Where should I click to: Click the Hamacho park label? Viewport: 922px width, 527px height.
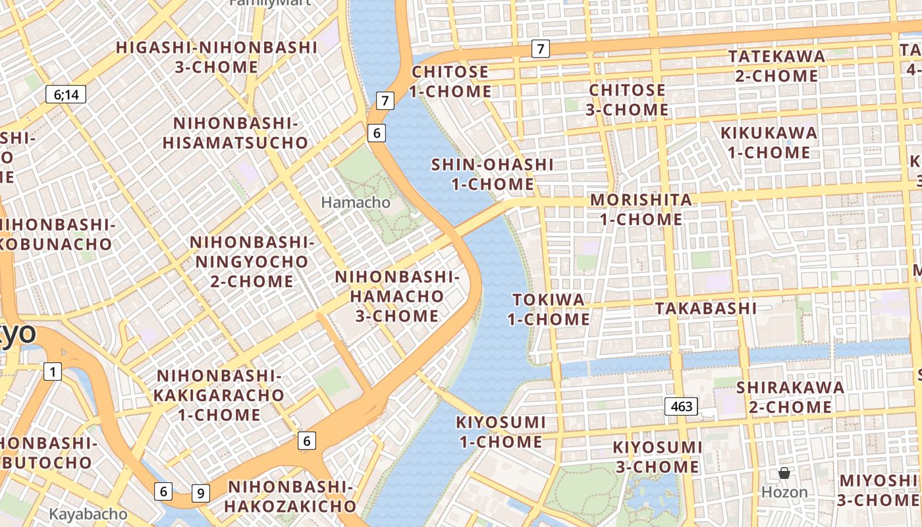click(x=356, y=202)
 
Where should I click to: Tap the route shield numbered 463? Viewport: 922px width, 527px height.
click(x=681, y=406)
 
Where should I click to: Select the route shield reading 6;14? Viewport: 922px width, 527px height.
click(x=66, y=94)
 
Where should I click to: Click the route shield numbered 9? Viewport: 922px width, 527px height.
click(x=201, y=493)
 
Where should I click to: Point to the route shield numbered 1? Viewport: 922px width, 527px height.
click(x=53, y=372)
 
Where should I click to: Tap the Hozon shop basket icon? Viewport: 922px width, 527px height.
click(x=784, y=473)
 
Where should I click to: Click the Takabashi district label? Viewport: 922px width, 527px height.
click(x=705, y=308)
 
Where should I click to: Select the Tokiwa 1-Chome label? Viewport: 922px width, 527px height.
click(x=548, y=310)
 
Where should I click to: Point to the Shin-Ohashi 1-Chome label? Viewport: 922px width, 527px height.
click(x=492, y=174)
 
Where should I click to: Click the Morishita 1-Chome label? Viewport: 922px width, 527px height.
click(x=641, y=209)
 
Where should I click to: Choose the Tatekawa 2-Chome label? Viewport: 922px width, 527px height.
click(x=776, y=66)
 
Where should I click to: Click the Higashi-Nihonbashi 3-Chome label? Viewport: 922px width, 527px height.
click(x=217, y=57)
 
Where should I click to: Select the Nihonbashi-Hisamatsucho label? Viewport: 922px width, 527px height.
click(x=235, y=132)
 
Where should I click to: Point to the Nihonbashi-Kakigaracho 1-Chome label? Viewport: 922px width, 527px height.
click(x=219, y=395)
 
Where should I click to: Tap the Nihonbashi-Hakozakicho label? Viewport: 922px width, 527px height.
click(x=291, y=496)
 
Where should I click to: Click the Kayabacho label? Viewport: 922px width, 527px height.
click(x=88, y=513)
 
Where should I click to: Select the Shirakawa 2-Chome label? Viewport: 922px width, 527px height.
click(x=790, y=397)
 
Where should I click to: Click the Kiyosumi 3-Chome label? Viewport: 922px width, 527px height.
click(x=657, y=457)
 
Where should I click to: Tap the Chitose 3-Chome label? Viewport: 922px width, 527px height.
click(x=627, y=99)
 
